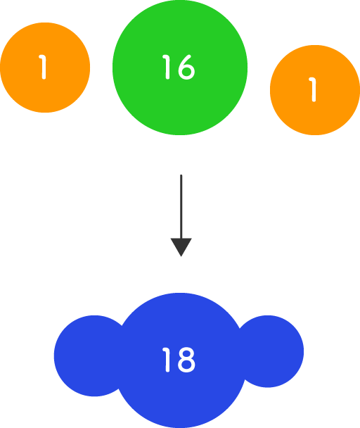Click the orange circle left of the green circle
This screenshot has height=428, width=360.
click(x=45, y=68)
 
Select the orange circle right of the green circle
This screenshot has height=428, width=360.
click(x=315, y=90)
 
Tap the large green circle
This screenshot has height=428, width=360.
click(x=180, y=68)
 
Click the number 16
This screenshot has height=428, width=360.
click(x=179, y=67)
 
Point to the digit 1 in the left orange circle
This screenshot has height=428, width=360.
click(x=43, y=67)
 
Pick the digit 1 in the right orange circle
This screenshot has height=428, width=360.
click(x=313, y=89)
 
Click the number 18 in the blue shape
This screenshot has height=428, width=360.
click(x=179, y=360)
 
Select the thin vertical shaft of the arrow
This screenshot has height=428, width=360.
click(x=181, y=206)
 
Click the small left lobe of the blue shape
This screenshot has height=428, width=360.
click(x=87, y=355)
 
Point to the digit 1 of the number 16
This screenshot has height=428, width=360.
click(x=167, y=67)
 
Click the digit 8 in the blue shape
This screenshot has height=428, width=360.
click(x=186, y=360)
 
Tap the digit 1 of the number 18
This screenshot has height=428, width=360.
click(x=167, y=360)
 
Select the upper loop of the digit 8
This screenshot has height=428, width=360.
click(x=186, y=353)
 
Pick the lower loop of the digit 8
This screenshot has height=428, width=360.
click(x=186, y=365)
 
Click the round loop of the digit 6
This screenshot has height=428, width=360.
click(x=186, y=71)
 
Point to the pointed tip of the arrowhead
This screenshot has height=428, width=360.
click(x=181, y=256)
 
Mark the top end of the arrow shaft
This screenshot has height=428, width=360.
click(x=181, y=175)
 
